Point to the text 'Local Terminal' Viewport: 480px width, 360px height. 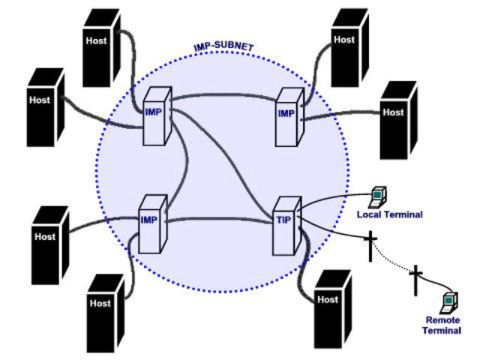tap(389, 214)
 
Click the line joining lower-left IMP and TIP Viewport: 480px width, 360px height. tap(221, 220)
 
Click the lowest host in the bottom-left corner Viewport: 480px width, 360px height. tap(105, 311)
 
